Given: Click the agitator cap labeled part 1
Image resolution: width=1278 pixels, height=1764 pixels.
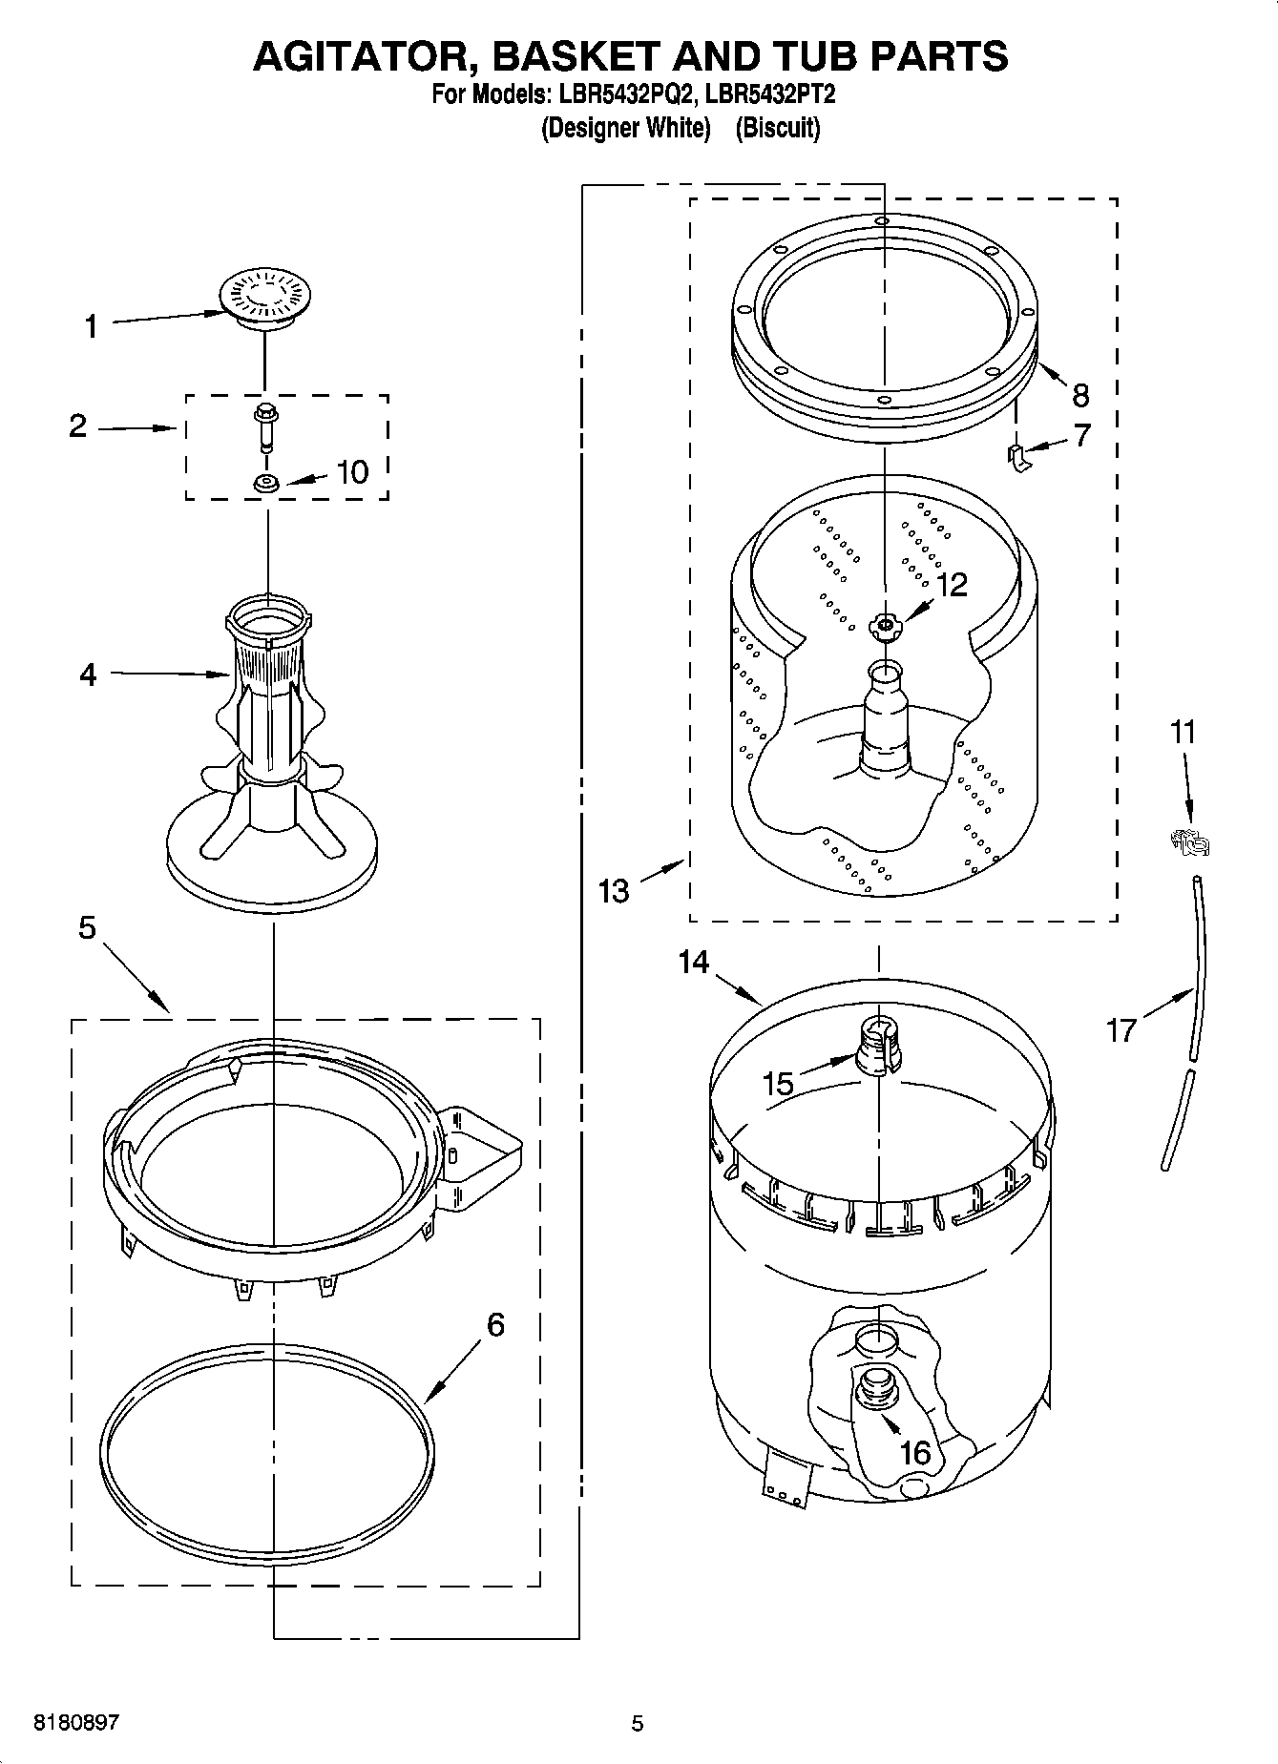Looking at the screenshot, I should click(x=262, y=297).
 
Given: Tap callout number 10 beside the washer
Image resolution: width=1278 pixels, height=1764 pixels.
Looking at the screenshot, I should click(x=353, y=471).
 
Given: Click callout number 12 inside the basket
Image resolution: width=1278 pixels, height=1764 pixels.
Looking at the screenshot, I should click(x=952, y=584).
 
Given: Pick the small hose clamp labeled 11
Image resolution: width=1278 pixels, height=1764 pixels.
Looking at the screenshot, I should click(x=1190, y=841).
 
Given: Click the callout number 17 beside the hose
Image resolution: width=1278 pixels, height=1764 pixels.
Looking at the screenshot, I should click(x=1121, y=1029).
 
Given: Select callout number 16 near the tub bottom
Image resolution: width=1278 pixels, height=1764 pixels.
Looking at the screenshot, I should click(x=914, y=1452).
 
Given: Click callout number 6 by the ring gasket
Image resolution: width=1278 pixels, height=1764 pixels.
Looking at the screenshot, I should click(x=495, y=1324).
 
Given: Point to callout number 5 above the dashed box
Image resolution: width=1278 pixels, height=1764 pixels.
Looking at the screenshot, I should click(x=87, y=926).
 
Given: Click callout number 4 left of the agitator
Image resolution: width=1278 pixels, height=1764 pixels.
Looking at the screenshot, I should click(x=88, y=674).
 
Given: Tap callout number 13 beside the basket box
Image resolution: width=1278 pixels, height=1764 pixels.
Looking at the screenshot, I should click(x=614, y=891).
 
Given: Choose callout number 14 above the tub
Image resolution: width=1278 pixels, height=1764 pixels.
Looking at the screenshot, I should click(x=694, y=962).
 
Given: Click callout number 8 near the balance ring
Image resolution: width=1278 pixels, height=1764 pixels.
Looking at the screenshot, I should click(x=1080, y=394).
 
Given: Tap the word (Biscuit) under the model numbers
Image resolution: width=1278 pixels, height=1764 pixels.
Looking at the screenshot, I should click(x=777, y=128).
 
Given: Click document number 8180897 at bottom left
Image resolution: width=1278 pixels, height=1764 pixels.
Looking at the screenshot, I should click(x=76, y=1723).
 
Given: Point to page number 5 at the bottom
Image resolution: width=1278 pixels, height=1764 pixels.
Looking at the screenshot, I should click(x=638, y=1723).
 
